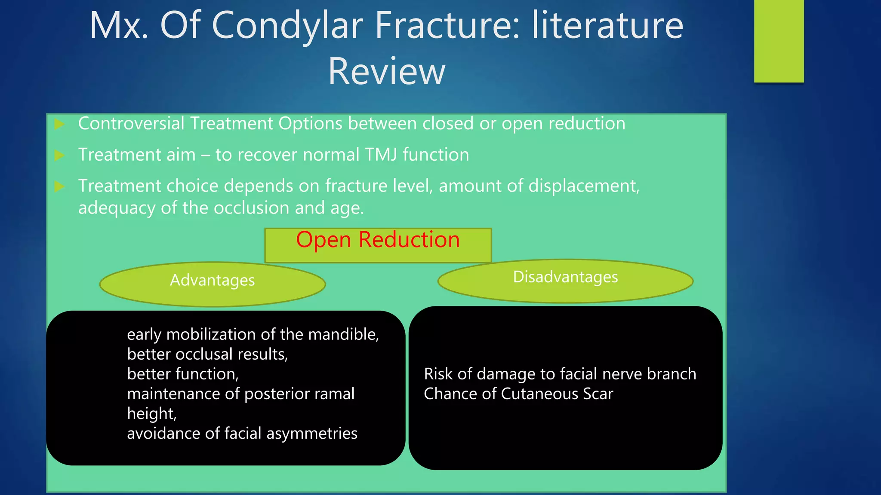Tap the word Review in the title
tap(386, 71)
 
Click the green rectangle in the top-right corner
tap(779, 41)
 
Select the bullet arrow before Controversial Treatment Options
tap(59, 125)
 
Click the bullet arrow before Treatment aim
tap(59, 155)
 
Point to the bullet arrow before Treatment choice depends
tap(59, 186)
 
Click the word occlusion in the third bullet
tap(251, 208)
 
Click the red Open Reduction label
tap(378, 240)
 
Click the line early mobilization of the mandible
tap(253, 334)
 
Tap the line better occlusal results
tap(207, 354)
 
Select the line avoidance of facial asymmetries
tap(242, 433)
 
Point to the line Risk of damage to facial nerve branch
tap(560, 374)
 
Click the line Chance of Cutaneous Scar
tap(518, 394)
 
